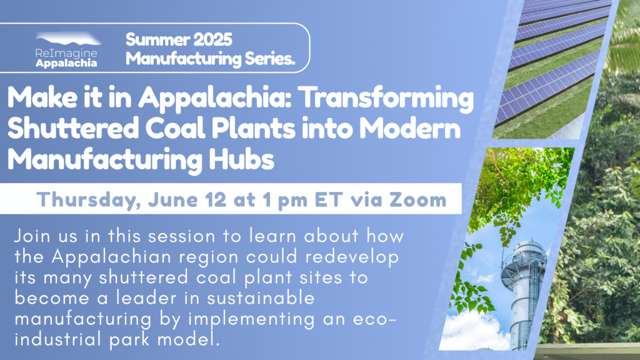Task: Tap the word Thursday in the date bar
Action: (x=89, y=200)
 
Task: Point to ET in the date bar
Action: (x=329, y=199)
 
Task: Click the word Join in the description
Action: (x=34, y=236)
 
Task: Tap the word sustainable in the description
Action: (x=261, y=298)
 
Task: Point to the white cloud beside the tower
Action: (x=474, y=331)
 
